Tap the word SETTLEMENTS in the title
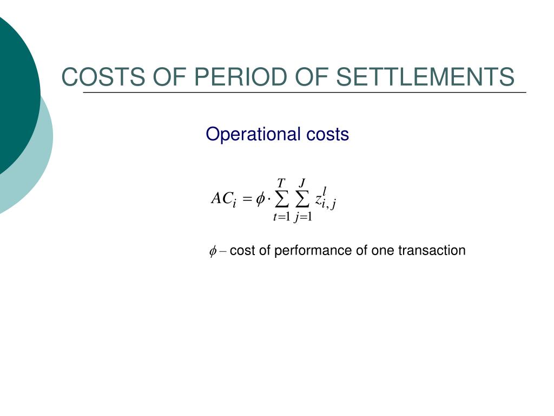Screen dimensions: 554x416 425,77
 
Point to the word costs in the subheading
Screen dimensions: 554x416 327,135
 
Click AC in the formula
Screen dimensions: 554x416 221,198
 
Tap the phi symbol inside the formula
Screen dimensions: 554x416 260,199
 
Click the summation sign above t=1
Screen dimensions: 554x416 281,199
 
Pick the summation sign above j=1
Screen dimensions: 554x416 302,199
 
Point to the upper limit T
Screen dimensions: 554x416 281,183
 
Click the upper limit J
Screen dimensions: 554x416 302,183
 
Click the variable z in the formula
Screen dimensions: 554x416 318,200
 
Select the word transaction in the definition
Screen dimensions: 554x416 432,250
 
